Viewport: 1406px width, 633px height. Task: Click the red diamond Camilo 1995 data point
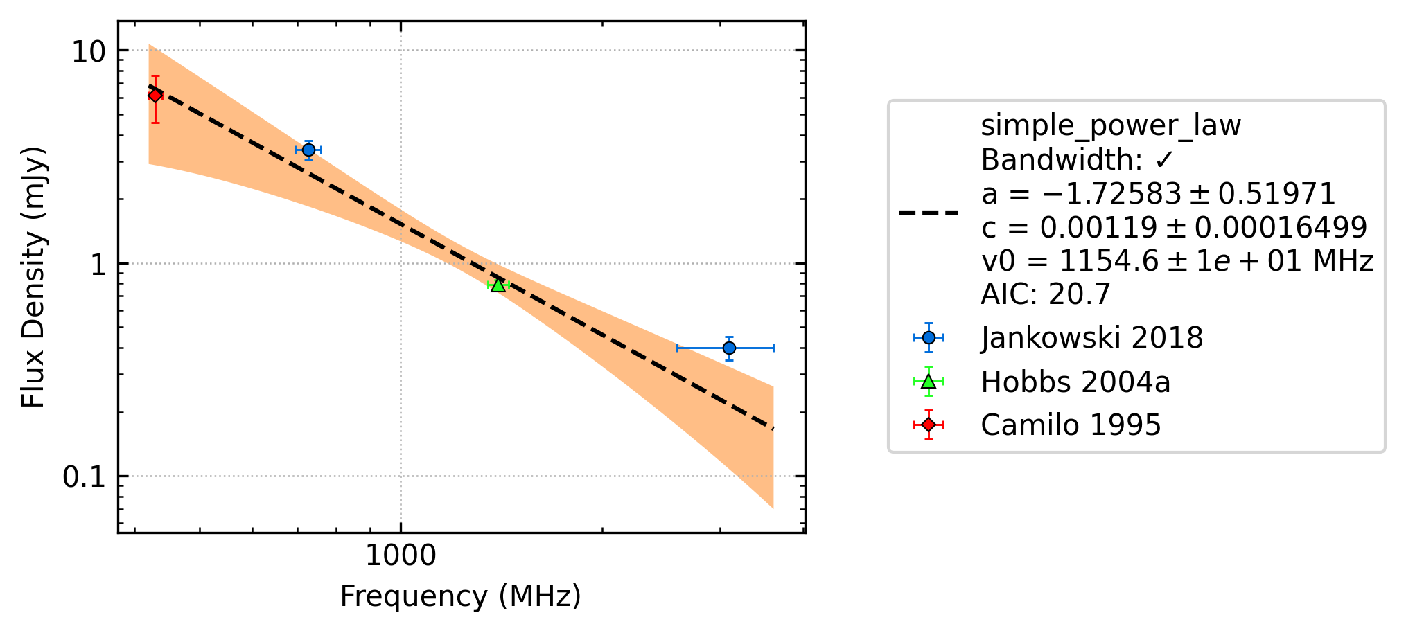pos(155,96)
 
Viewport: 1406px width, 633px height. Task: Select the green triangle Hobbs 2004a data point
pos(498,284)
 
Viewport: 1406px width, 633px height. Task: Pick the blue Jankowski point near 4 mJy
pos(308,150)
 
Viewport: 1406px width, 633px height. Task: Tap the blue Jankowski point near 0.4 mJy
pos(729,348)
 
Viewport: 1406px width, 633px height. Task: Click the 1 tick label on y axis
pos(98,264)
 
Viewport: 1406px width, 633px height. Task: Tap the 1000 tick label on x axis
pos(401,555)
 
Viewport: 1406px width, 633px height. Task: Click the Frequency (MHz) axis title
pos(460,596)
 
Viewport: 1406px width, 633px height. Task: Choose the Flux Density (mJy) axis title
pos(33,277)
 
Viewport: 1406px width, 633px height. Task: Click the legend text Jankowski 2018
pos(1091,338)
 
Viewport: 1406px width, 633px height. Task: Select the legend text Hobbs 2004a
pos(1075,382)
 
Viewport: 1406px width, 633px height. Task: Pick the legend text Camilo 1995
pos(1071,425)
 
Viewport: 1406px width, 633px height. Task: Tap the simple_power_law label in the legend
pos(1111,126)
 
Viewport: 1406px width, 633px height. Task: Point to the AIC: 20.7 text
pos(1046,294)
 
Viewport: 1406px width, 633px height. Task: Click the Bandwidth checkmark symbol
pos(1164,160)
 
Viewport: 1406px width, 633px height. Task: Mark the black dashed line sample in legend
pos(929,213)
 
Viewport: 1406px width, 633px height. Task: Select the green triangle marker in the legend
pos(929,382)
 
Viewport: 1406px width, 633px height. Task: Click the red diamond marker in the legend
pos(929,425)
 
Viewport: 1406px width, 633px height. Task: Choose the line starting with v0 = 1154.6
pos(1177,261)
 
